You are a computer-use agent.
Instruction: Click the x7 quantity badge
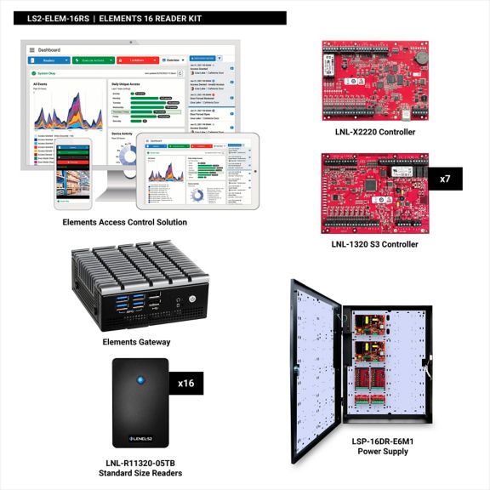tap(445, 179)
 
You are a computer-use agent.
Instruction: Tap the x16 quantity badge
tap(186, 384)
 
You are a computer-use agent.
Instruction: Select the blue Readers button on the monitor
tap(49, 60)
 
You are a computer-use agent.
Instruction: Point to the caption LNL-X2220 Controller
tap(375, 133)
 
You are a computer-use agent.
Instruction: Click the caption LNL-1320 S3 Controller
tap(375, 244)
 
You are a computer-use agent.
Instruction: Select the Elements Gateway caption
tap(136, 342)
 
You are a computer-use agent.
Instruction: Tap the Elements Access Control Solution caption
tap(124, 222)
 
